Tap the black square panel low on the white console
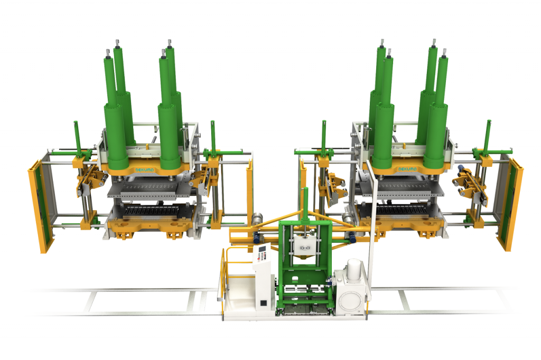coord(263,303)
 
